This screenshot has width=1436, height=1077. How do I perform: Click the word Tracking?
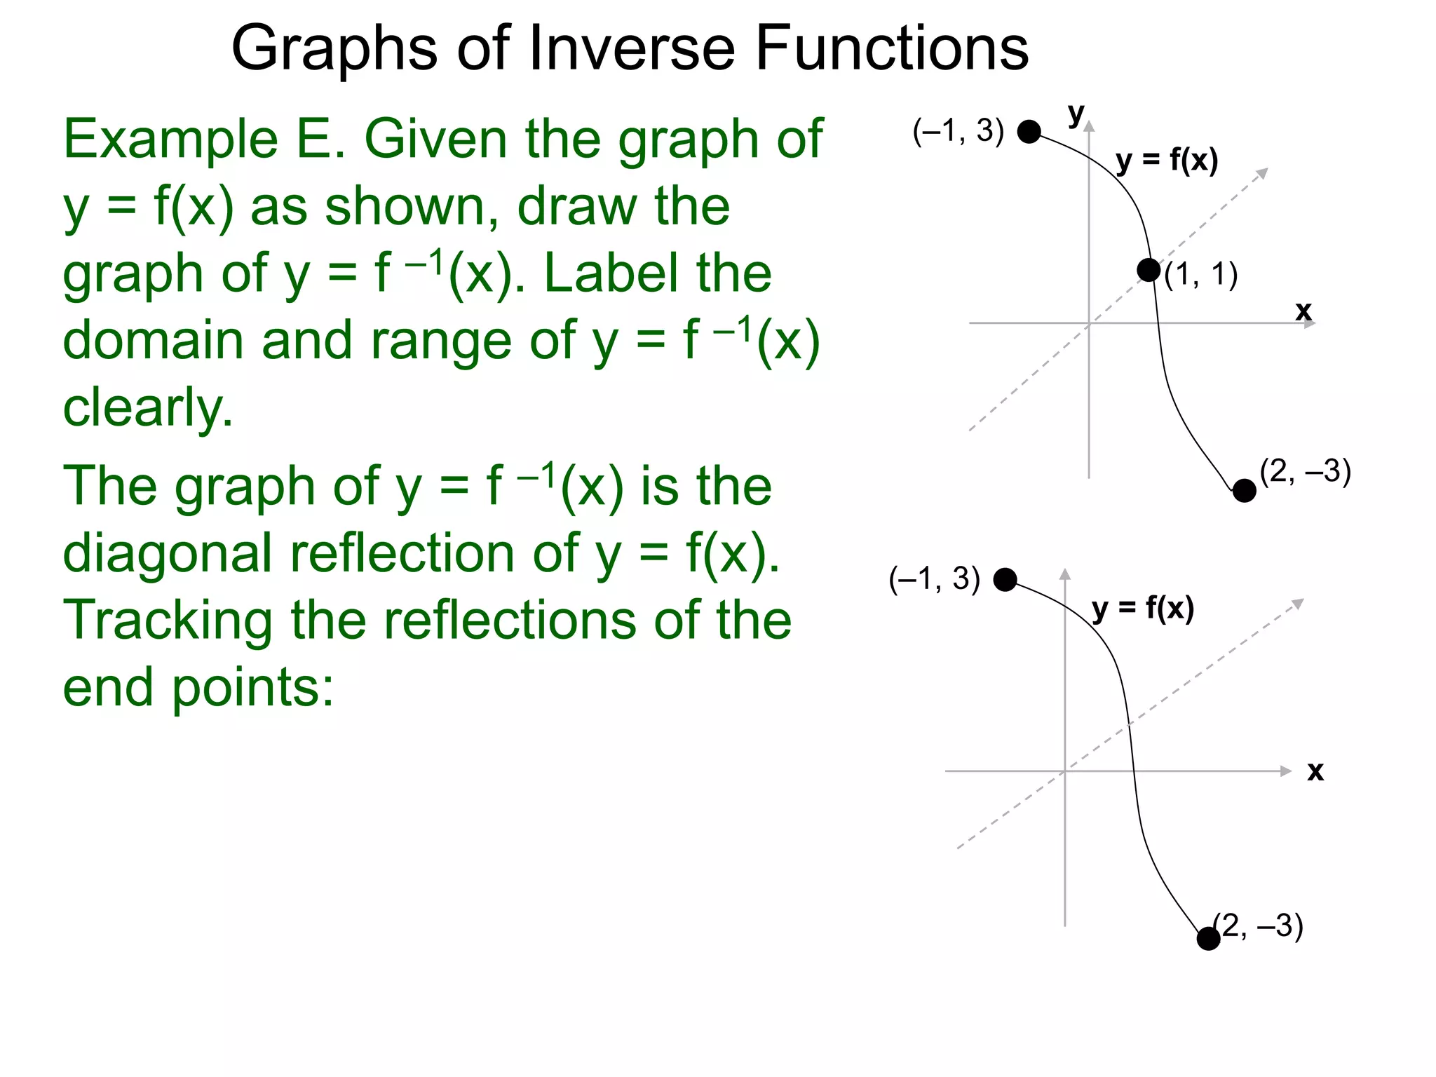[x=168, y=621]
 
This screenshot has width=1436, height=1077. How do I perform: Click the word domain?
[x=154, y=341]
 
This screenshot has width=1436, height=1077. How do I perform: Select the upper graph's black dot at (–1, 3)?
[x=1029, y=131]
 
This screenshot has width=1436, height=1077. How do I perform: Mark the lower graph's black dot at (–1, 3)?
[x=1005, y=580]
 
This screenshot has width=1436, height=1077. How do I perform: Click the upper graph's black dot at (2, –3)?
[x=1244, y=491]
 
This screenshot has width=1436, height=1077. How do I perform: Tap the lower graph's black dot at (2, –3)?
[x=1208, y=938]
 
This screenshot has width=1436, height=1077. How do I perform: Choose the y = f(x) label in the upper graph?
[x=1167, y=161]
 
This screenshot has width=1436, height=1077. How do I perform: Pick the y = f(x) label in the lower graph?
[x=1143, y=609]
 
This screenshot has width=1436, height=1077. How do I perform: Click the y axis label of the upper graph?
[x=1076, y=114]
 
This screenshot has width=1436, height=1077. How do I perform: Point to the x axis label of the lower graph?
[x=1315, y=771]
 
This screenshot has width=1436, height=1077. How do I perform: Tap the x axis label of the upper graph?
[x=1303, y=310]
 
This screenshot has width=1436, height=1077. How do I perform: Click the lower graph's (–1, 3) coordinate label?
[x=934, y=580]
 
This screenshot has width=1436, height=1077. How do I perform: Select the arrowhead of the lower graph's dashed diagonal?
[x=1299, y=603]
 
